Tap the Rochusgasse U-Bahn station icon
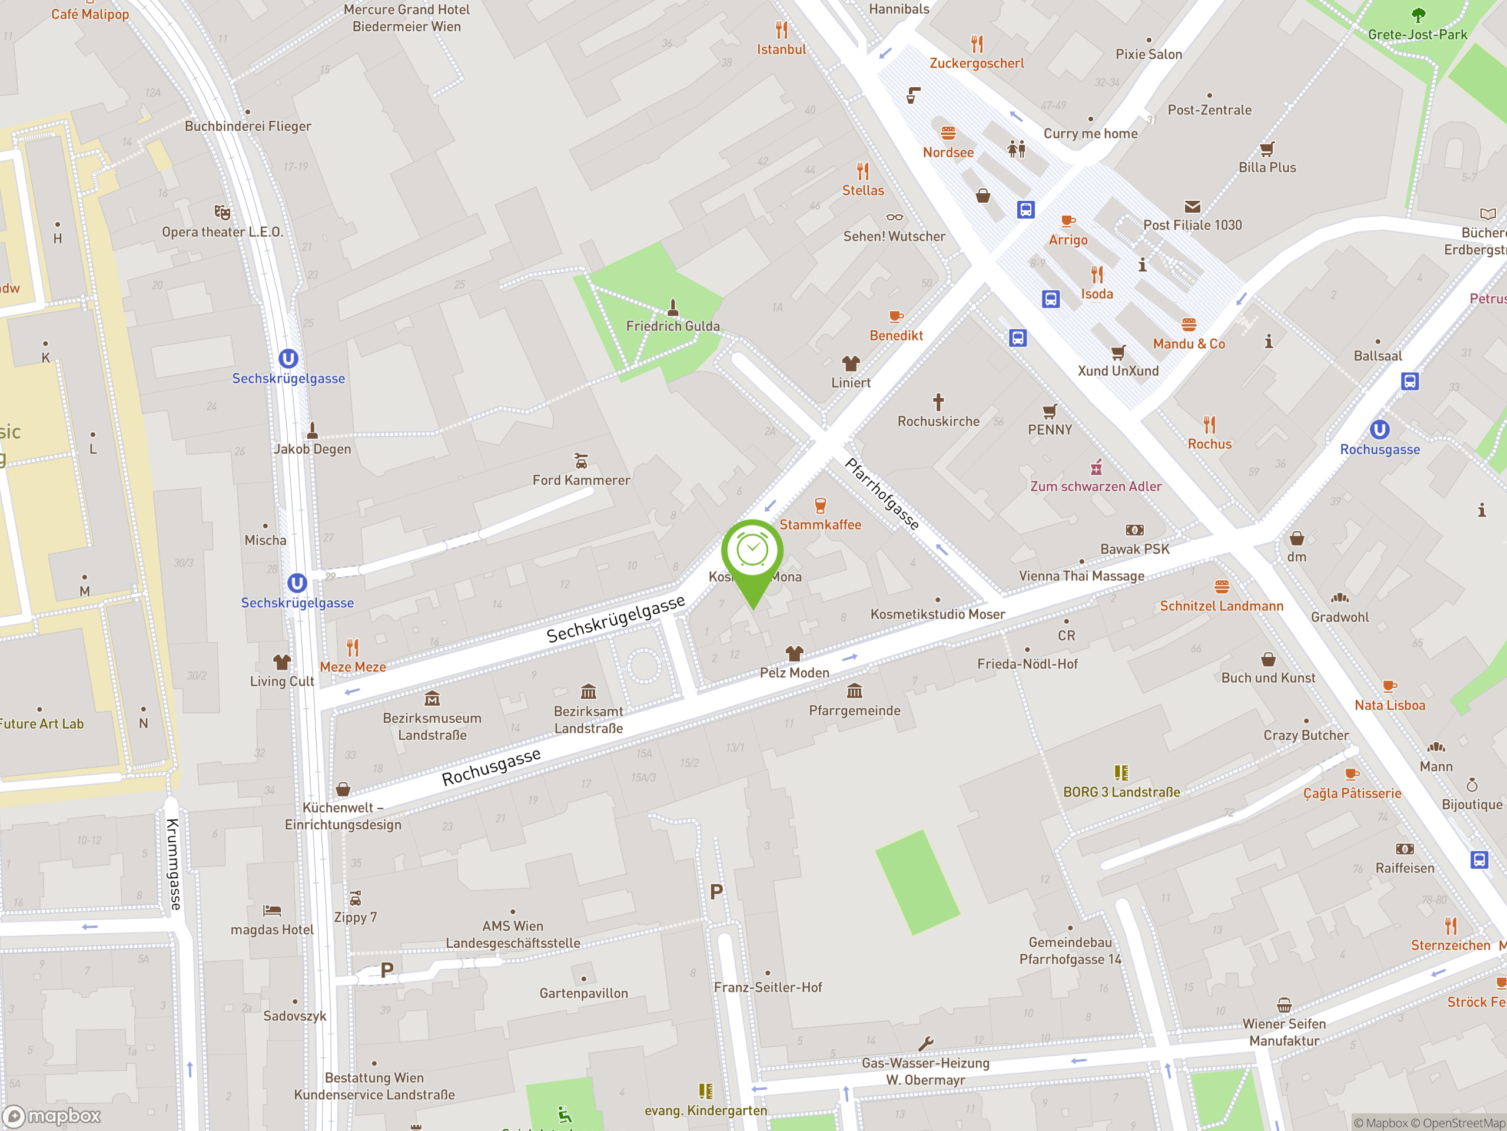[1380, 429]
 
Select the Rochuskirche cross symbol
[938, 402]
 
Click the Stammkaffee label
[820, 524]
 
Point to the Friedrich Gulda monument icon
[673, 308]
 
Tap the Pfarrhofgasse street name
[882, 494]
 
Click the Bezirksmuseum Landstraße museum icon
[432, 699]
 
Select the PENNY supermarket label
[1050, 430]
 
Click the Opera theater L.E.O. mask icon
[222, 212]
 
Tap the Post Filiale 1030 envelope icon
[1192, 207]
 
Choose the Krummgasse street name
[174, 864]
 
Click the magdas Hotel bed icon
[272, 910]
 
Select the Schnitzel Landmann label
[1221, 606]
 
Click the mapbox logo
[52, 1116]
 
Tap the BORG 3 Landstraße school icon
[1121, 772]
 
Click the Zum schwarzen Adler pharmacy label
[1096, 486]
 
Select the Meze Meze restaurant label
[353, 667]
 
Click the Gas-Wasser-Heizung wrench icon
[925, 1044]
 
